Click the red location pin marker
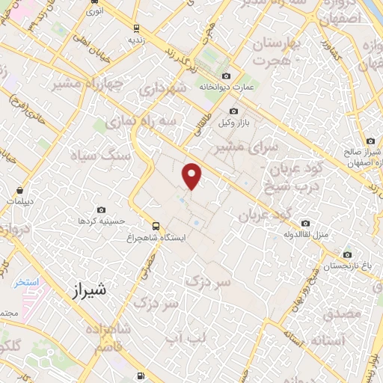pos(193,176)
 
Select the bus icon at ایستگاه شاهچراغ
pos(156,225)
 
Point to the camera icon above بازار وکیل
pos(233,111)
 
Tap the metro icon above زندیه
pos(135,28)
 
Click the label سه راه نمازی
pos(131,120)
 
